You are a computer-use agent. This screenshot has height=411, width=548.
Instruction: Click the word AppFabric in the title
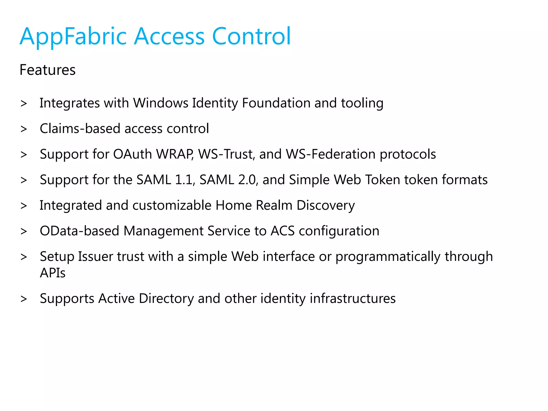(73, 36)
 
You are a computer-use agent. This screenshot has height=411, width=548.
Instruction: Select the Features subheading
(48, 70)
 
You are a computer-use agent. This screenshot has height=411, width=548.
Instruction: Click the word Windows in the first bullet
(161, 103)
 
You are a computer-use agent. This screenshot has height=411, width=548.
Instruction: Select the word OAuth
(132, 154)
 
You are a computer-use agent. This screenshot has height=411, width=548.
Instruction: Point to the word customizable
(172, 205)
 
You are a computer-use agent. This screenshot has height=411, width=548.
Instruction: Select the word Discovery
(326, 206)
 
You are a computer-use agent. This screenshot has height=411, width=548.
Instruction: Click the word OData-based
(79, 231)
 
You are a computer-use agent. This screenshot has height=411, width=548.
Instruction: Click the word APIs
(53, 273)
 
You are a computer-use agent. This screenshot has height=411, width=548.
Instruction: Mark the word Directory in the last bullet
(166, 299)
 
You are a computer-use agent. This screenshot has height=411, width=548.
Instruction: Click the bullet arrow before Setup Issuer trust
(24, 257)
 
